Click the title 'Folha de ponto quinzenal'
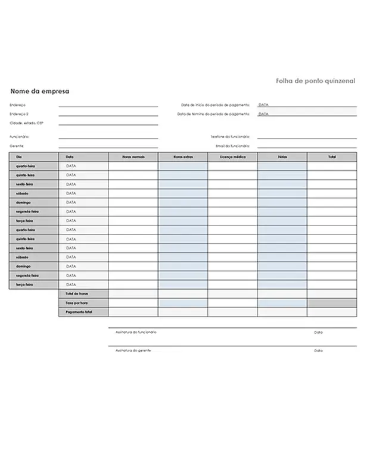[315, 80]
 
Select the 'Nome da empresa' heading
[40, 92]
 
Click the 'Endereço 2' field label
[19, 114]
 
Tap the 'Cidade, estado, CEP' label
[27, 123]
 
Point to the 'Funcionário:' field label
[20, 137]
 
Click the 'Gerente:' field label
[17, 145]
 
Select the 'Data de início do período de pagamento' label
[215, 105]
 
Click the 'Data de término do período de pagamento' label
[213, 114]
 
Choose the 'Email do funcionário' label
[232, 145]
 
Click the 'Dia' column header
[18, 156]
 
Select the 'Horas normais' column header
[133, 156]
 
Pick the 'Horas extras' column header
[183, 156]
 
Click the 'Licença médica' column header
[232, 156]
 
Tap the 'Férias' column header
[282, 156]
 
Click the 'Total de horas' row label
[77, 294]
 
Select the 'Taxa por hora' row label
[77, 303]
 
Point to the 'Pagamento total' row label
[79, 312]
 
